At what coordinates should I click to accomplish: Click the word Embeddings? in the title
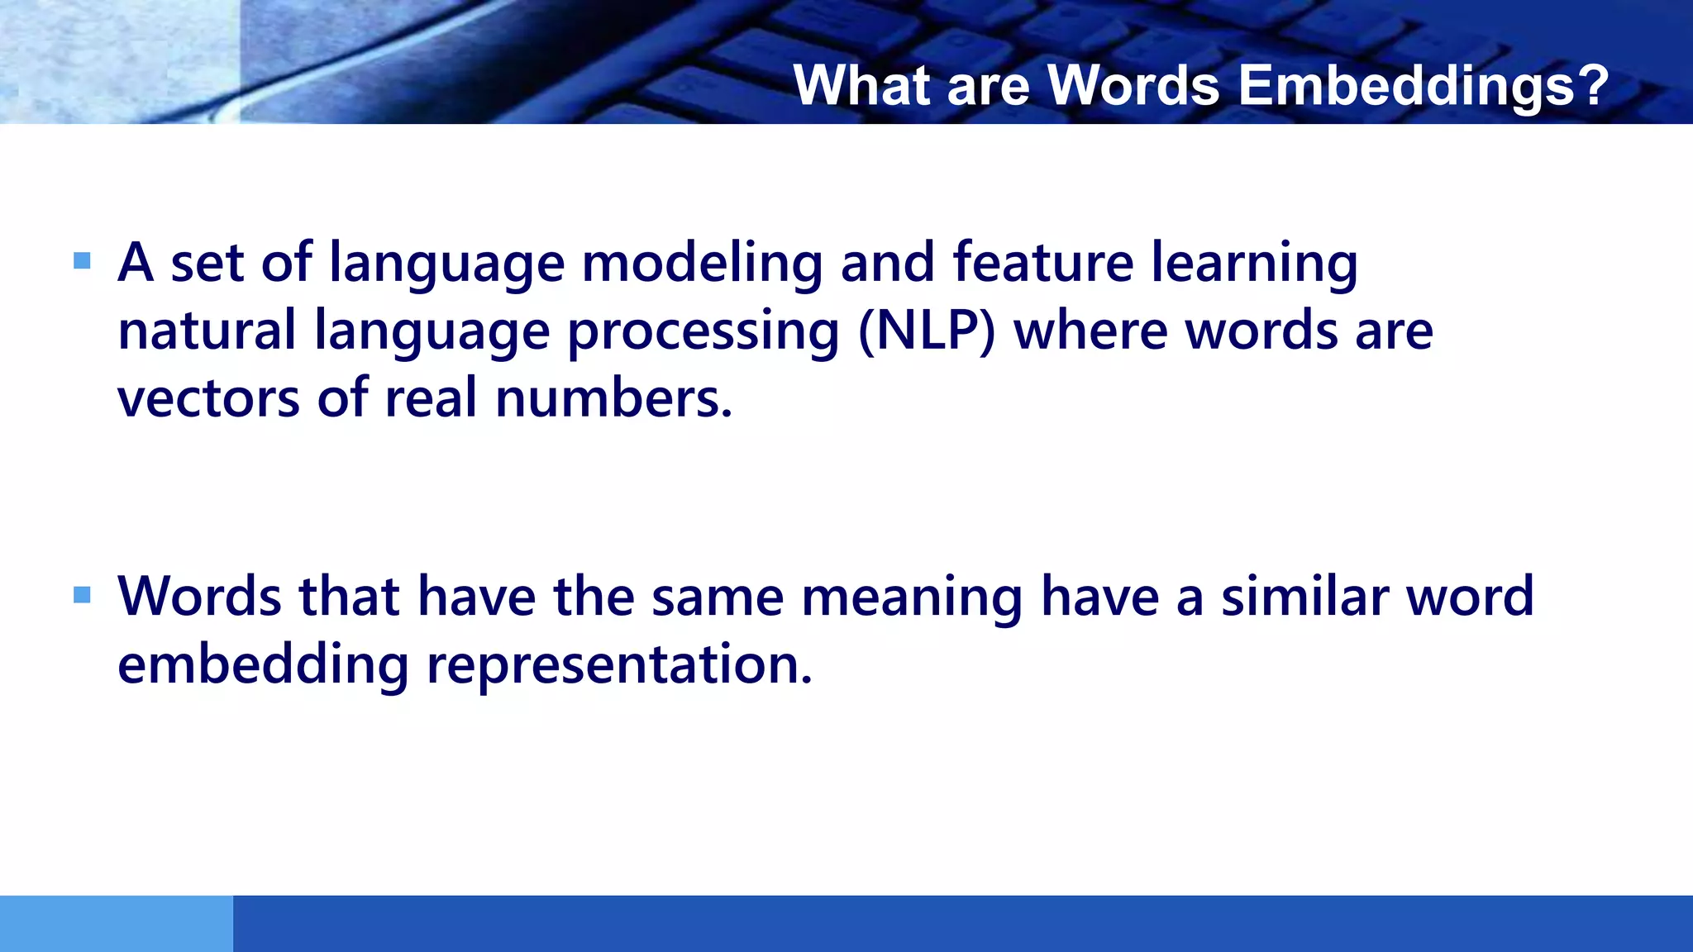pos(1423,85)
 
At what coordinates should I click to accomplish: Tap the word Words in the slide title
pos(1133,85)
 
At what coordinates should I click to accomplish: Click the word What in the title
pos(864,85)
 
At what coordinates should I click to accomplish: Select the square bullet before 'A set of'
pos(82,262)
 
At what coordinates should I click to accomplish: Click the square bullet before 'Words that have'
pos(82,595)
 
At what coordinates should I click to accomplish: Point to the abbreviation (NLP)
pos(927,331)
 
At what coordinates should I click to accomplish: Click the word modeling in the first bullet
pos(702,263)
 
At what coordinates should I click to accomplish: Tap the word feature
pos(1043,263)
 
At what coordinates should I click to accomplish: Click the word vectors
pos(208,398)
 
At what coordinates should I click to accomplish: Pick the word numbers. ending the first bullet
pos(613,398)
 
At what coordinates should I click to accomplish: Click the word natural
pos(207,331)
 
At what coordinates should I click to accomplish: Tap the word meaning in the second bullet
pos(913,597)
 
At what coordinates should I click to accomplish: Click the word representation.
pos(619,664)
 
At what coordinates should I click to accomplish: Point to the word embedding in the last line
pos(263,664)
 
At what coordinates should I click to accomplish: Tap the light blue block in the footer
pos(116,923)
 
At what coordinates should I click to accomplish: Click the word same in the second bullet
pos(718,597)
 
